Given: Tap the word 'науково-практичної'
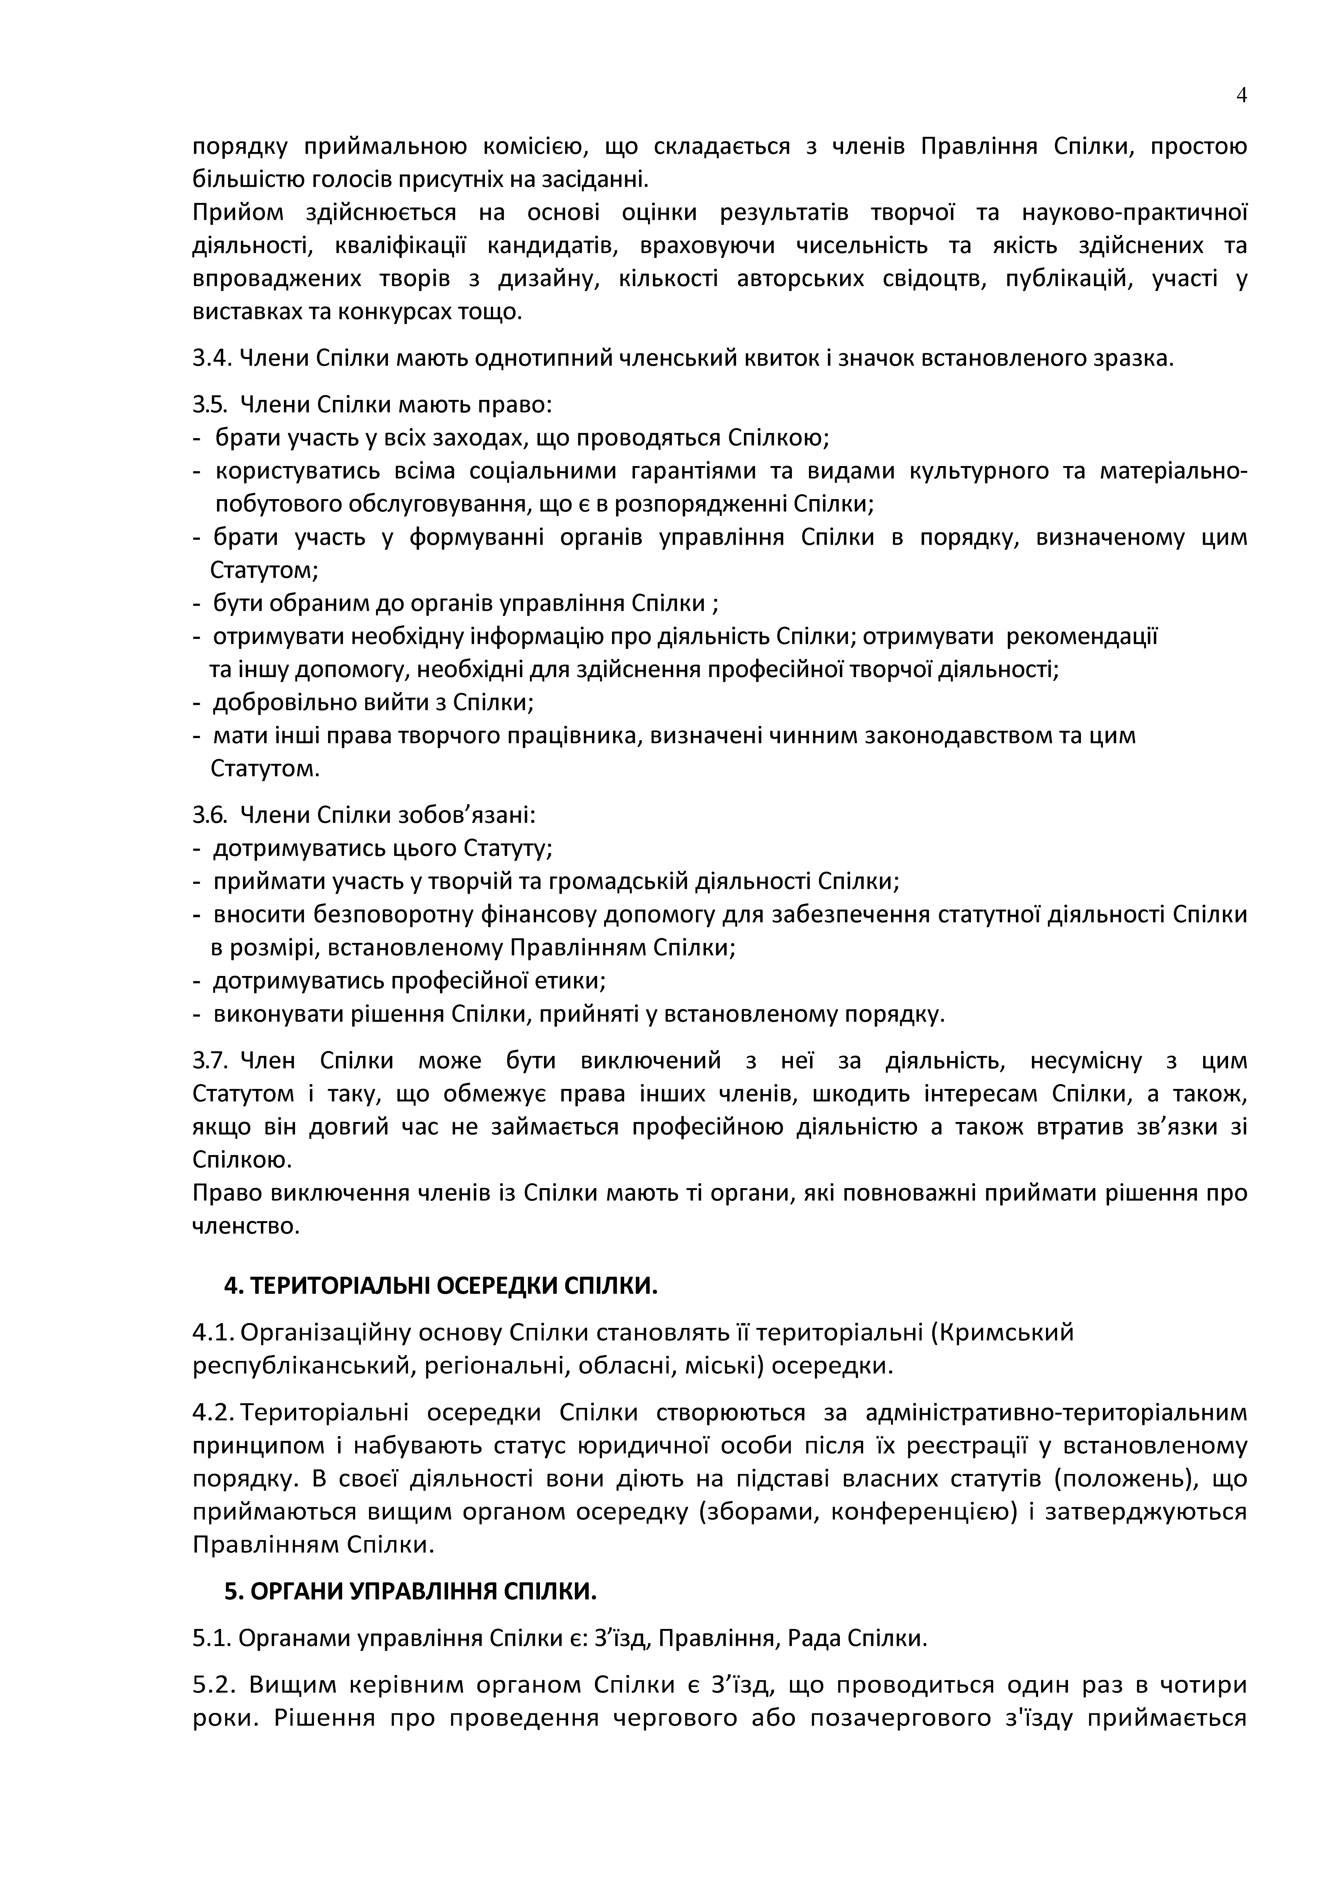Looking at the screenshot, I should pos(1135,213).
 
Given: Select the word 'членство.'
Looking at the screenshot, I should pos(246,1226).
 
